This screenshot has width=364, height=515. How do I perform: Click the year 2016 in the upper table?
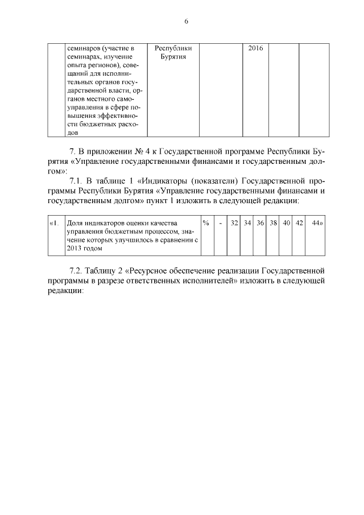(x=256, y=48)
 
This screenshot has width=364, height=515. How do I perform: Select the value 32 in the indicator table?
(x=234, y=223)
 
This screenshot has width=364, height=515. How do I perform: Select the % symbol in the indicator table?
(x=206, y=223)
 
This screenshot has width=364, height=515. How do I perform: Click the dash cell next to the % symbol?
(x=220, y=223)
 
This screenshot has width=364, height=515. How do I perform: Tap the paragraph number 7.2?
(x=76, y=268)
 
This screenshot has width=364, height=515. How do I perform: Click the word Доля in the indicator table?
(x=76, y=223)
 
